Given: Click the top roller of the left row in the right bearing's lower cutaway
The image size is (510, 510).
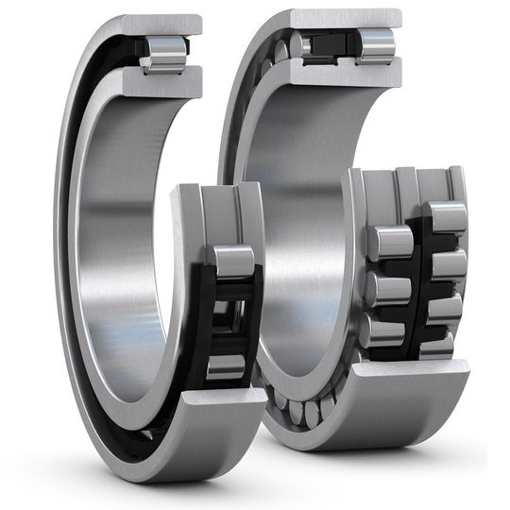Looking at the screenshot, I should point(389,241).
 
